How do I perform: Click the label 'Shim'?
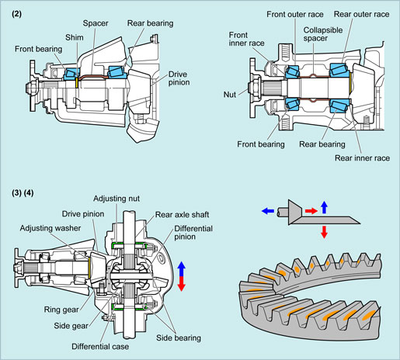click(75, 37)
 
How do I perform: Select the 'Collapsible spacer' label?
click(323, 34)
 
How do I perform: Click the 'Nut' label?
click(230, 95)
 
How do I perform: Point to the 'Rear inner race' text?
click(362, 158)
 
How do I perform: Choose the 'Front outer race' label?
click(295, 14)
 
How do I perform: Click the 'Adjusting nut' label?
click(117, 199)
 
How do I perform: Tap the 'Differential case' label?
click(100, 347)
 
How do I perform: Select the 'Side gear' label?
click(71, 326)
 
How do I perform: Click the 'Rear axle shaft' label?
click(182, 215)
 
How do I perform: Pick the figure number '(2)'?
click(16, 14)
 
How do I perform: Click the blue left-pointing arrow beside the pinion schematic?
click(268, 211)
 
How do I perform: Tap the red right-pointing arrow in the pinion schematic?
click(311, 211)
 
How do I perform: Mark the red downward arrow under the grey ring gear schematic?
click(324, 232)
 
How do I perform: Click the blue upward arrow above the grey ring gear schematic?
click(324, 207)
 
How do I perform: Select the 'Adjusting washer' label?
click(50, 228)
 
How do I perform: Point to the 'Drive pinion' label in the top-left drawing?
click(179, 78)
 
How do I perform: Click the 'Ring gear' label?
click(61, 310)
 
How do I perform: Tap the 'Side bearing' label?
click(179, 337)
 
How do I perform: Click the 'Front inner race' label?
click(246, 39)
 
